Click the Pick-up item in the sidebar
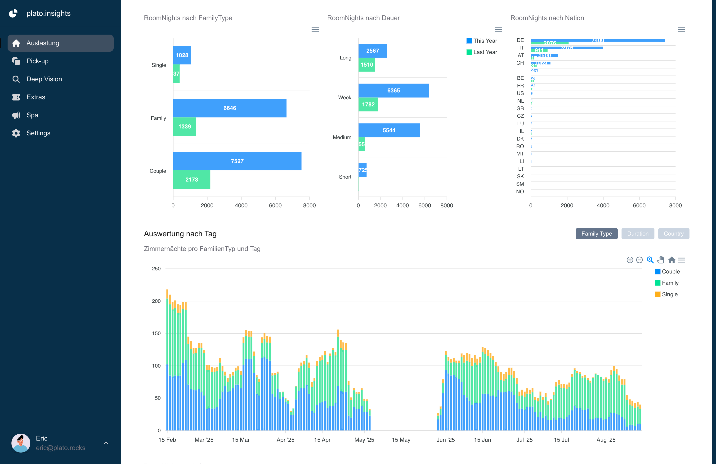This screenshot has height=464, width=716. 37,61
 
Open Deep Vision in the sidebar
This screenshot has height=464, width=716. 44,79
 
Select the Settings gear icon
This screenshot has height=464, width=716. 16,133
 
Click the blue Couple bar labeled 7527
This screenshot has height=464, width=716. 237,161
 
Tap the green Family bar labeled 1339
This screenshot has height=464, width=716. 184,127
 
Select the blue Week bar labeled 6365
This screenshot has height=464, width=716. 393,91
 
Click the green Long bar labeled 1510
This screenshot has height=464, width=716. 367,65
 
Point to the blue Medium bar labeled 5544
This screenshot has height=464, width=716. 389,130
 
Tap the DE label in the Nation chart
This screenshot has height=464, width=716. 520,40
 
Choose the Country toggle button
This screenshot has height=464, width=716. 673,234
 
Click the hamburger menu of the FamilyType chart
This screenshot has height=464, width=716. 315,29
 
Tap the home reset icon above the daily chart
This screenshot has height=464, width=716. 671,260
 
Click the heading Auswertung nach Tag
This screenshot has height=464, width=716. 180,234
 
